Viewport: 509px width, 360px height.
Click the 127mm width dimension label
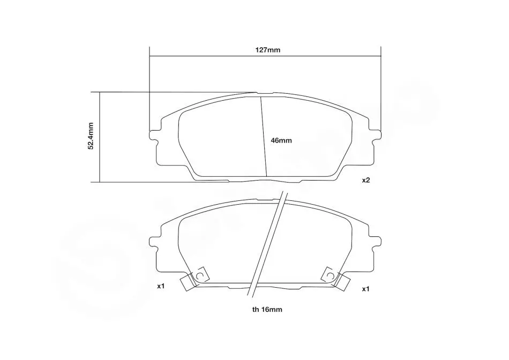pyautogui.click(x=267, y=50)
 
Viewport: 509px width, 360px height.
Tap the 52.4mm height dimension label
pyautogui.click(x=91, y=136)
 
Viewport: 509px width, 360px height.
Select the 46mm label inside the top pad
pyautogui.click(x=281, y=140)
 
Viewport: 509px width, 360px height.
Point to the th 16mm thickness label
pyautogui.click(x=267, y=309)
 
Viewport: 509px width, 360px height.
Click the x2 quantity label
pyautogui.click(x=366, y=180)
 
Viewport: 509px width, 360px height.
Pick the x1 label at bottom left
pyautogui.click(x=161, y=286)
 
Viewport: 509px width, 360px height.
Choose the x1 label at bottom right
pyautogui.click(x=366, y=289)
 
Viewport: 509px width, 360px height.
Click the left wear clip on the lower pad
pyautogui.click(x=194, y=279)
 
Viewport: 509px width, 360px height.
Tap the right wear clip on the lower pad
pyautogui.click(x=335, y=279)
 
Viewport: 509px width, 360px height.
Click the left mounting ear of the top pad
pyautogui.click(x=154, y=136)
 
